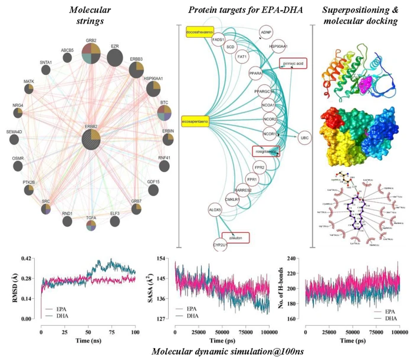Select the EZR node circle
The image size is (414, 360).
coord(116,58)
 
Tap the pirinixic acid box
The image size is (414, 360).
coord(293,62)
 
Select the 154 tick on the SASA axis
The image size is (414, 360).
coord(166,260)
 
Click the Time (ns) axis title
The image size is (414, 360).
coord(87,340)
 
